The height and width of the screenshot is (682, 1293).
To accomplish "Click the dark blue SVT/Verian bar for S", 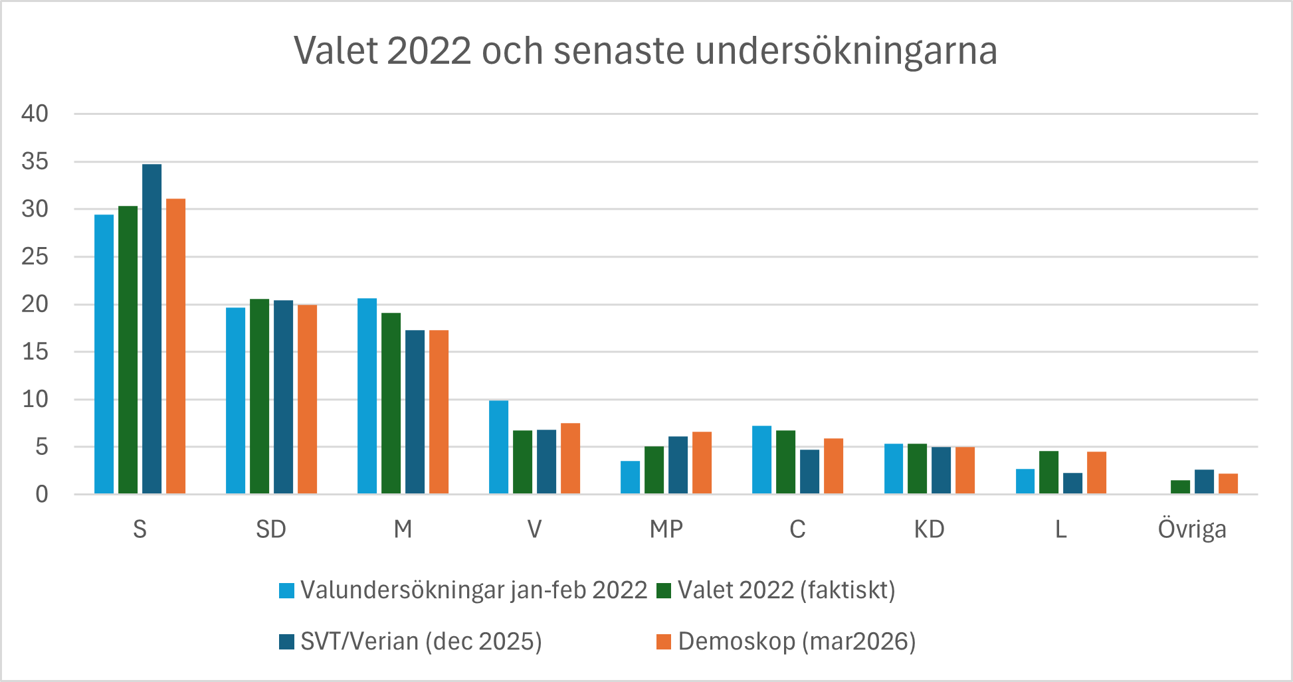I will tap(151, 329).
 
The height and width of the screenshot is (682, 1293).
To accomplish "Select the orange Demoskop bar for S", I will tap(175, 346).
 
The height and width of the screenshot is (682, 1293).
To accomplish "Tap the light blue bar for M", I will tap(367, 396).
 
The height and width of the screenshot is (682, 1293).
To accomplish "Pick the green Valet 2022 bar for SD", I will tap(259, 396).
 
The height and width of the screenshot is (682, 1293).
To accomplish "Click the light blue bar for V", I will tap(498, 447).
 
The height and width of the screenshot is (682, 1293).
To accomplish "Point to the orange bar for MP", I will tap(702, 463).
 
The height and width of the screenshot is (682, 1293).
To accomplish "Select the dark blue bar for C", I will tap(809, 471).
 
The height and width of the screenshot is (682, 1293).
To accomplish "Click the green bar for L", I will tap(1048, 472).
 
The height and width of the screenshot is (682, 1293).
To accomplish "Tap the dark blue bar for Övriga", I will tap(1204, 481).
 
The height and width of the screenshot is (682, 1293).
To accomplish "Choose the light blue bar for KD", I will tap(894, 469).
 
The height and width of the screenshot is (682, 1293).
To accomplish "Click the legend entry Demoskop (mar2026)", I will tap(797, 641).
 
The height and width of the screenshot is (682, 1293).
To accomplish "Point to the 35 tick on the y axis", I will tap(35, 161).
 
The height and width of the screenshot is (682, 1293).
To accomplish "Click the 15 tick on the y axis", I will tap(35, 352).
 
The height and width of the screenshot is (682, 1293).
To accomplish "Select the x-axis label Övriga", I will tap(1192, 529).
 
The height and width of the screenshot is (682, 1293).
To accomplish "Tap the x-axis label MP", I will tap(666, 529).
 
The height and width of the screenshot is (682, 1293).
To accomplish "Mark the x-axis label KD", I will tap(929, 529).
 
